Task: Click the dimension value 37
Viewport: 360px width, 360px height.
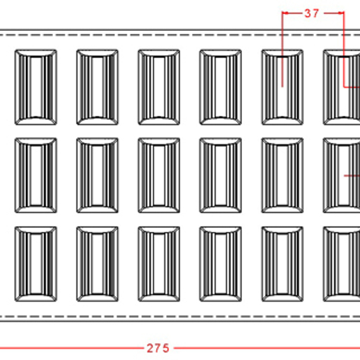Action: pyautogui.click(x=311, y=13)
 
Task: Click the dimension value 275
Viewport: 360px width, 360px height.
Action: pyautogui.click(x=158, y=348)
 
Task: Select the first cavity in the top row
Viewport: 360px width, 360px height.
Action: pyautogui.click(x=36, y=87)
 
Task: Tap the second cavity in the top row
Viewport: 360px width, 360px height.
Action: pyautogui.click(x=97, y=87)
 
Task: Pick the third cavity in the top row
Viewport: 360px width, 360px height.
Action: pyautogui.click(x=159, y=87)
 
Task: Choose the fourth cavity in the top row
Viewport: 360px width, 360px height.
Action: pyautogui.click(x=220, y=87)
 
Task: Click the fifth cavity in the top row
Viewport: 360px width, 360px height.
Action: pyautogui.click(x=282, y=87)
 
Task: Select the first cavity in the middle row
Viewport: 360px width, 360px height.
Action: pyautogui.click(x=36, y=176)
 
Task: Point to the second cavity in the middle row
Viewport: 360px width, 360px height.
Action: pyautogui.click(x=97, y=176)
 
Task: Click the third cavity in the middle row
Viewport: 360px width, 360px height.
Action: pyautogui.click(x=159, y=176)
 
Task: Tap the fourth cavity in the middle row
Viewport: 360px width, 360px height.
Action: pyautogui.click(x=220, y=176)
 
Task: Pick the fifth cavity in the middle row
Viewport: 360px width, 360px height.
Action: pyautogui.click(x=282, y=176)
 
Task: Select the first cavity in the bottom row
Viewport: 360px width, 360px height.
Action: pyautogui.click(x=36, y=264)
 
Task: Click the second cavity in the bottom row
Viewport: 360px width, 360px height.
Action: pyautogui.click(x=97, y=264)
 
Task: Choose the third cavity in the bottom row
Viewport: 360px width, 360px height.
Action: pyautogui.click(x=159, y=264)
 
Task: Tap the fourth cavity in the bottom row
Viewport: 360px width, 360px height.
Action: pyautogui.click(x=220, y=264)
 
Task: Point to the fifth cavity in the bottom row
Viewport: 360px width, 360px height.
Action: pyautogui.click(x=282, y=264)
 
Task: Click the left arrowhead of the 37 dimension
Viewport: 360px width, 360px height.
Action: pyautogui.click(x=285, y=13)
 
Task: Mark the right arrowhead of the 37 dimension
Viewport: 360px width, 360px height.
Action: pyautogui.click(x=341, y=13)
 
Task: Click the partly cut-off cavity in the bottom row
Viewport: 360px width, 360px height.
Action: pyautogui.click(x=342, y=264)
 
